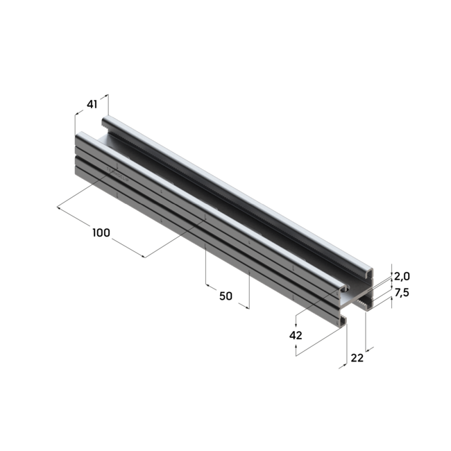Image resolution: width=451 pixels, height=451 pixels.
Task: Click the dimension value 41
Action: point(92,104)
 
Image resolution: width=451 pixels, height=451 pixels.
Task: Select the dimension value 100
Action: point(101,232)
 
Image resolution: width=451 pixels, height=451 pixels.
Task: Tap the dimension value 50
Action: point(226,296)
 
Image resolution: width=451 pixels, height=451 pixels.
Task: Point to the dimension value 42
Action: point(296,335)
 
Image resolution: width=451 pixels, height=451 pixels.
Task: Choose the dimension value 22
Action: point(357,357)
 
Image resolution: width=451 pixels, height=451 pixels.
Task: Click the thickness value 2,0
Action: point(402,276)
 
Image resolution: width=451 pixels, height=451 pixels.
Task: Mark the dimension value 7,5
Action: point(402,293)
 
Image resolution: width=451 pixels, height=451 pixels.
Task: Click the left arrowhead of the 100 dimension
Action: point(59,206)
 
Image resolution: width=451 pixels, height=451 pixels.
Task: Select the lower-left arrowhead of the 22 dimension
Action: point(341,366)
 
